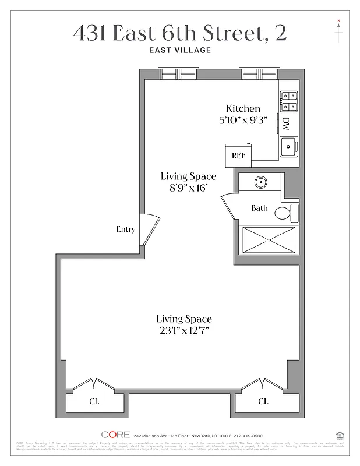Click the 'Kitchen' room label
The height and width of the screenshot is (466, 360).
(243, 108)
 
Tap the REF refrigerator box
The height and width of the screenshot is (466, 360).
(238, 156)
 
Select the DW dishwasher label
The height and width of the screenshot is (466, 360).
(286, 124)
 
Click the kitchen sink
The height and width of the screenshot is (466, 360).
(288, 146)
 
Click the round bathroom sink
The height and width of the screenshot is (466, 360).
(260, 183)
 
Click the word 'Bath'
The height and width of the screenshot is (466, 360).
(260, 208)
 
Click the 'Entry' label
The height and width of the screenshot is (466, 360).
(126, 229)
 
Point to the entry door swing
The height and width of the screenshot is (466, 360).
(149, 229)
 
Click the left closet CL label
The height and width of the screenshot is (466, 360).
(94, 401)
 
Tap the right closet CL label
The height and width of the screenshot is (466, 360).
(263, 401)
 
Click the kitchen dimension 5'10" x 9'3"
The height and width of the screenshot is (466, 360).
(243, 121)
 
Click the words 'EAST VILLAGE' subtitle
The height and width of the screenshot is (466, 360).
(180, 50)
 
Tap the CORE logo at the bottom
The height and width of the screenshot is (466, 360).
(115, 435)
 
